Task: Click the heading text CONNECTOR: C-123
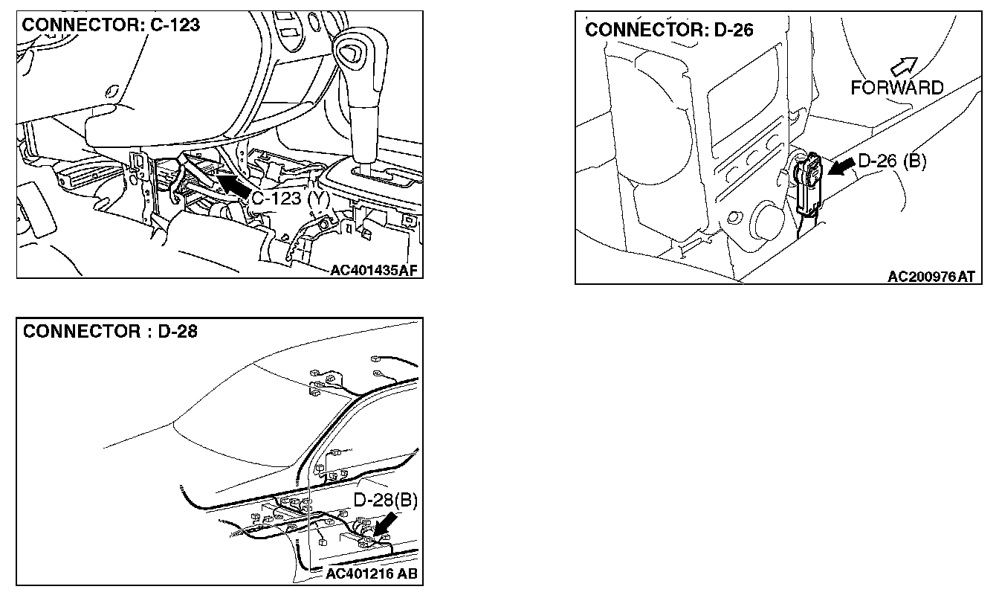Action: (x=111, y=25)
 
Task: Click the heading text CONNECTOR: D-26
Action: (x=669, y=30)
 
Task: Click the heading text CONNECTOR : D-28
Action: (x=110, y=331)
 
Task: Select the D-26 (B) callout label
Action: (x=892, y=161)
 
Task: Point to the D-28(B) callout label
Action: (x=385, y=501)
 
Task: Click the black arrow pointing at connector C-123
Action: (x=233, y=185)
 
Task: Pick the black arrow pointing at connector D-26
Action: (x=841, y=168)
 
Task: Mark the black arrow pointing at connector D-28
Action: (x=384, y=524)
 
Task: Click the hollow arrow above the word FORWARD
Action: (x=904, y=66)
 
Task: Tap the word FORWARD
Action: (x=897, y=88)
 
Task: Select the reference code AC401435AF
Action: (x=374, y=271)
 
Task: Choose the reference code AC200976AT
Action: (x=931, y=277)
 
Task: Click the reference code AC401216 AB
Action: (x=372, y=573)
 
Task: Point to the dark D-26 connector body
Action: (x=809, y=183)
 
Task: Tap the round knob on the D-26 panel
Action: (x=767, y=220)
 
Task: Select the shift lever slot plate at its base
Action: (x=386, y=176)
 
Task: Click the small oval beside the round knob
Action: (x=732, y=218)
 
